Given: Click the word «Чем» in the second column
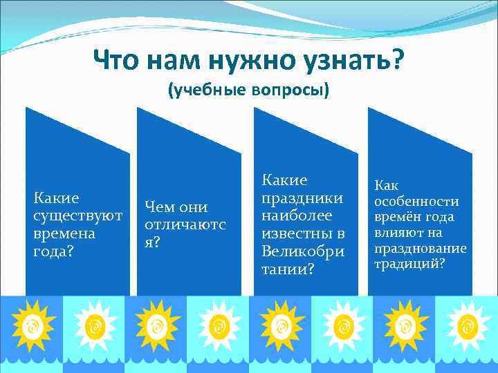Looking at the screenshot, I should pyautogui.click(x=158, y=207).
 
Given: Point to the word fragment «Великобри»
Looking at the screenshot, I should pyautogui.click(x=302, y=251).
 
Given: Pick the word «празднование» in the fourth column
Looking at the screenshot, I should pyautogui.click(x=420, y=248).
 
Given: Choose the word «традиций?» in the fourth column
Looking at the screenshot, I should pyautogui.click(x=409, y=264).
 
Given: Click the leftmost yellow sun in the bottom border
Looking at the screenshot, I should pyautogui.click(x=32, y=324).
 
